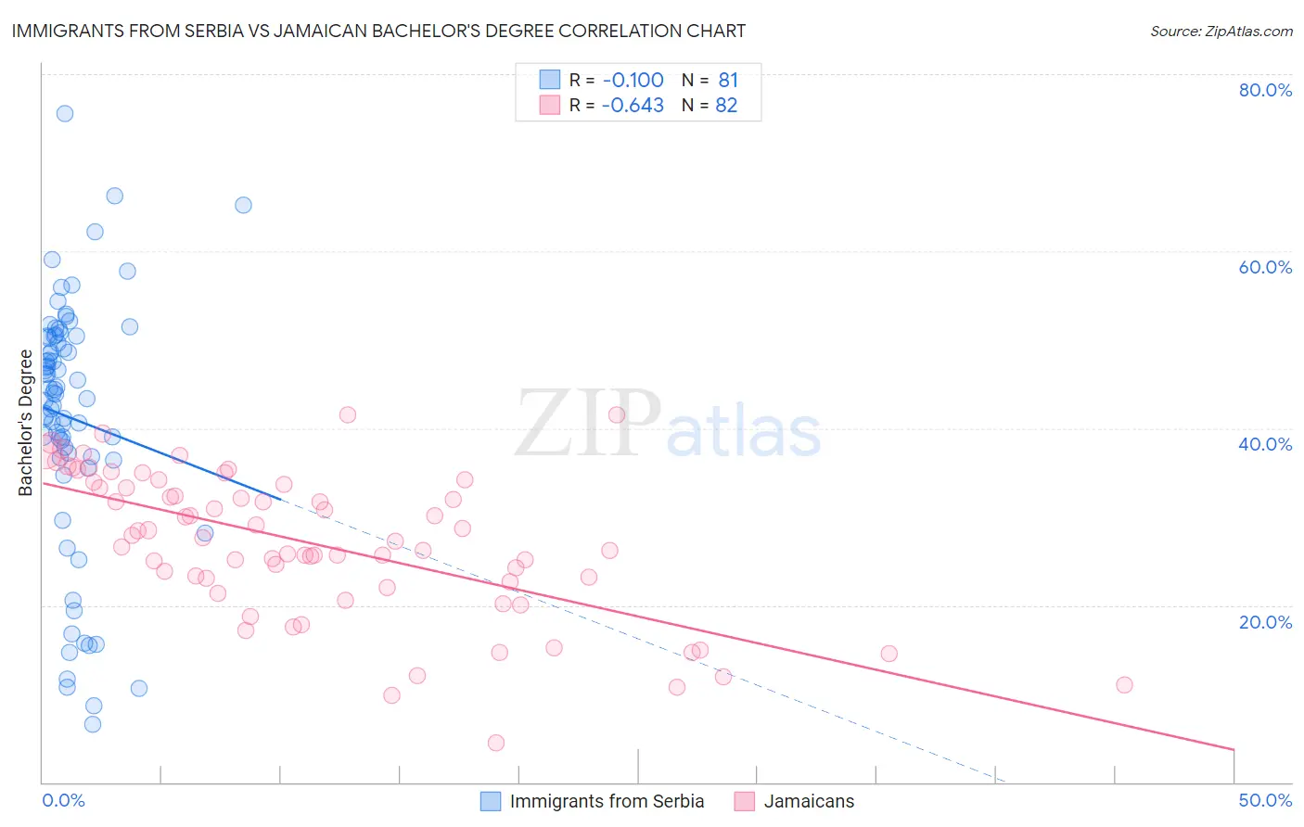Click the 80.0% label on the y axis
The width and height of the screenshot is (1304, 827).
point(1265,90)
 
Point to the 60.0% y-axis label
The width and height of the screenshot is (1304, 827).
point(1265,267)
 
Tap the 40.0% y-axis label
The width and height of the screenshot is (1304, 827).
point(1265,444)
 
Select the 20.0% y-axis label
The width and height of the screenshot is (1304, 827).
point(1265,621)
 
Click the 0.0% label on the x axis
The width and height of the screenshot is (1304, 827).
point(63,800)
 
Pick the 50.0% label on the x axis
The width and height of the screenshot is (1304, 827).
point(1265,800)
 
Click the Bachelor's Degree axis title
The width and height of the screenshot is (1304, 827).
point(25,423)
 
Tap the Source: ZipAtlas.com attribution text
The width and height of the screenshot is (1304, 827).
point(1221,31)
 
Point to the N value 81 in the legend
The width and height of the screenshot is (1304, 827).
point(727,80)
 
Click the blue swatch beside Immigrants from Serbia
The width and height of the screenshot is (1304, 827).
point(491,801)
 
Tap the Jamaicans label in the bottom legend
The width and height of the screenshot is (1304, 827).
point(809,801)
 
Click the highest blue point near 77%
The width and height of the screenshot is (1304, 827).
point(65,113)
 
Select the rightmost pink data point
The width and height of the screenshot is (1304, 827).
point(1124,685)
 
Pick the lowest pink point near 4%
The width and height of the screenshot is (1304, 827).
point(496,743)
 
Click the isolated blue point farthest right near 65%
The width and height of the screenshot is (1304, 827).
point(243,205)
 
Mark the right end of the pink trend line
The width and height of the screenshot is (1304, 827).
point(1234,749)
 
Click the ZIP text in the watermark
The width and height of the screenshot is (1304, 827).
point(588,424)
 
